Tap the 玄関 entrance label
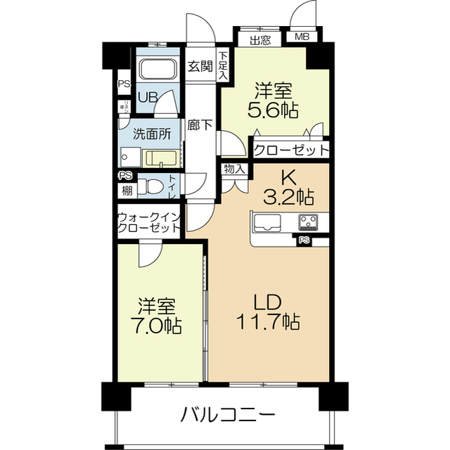point(200,67)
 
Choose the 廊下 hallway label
point(200,126)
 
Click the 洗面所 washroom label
point(151,132)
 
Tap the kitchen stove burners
point(308,221)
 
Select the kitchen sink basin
point(267,223)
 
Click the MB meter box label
point(302,38)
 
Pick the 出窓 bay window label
point(260,39)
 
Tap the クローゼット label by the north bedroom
point(290,149)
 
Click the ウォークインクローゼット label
point(148,223)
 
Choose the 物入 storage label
point(235,169)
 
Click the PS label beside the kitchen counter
point(304,240)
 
